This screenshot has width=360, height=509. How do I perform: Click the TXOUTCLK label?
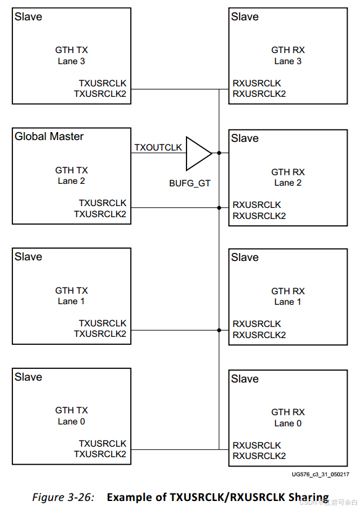(158, 147)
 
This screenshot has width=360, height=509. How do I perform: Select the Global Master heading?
(49, 136)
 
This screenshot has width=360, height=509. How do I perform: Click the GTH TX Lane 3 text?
(72, 56)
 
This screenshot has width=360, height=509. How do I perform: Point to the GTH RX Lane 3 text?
(288, 56)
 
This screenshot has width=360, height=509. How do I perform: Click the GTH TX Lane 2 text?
(72, 175)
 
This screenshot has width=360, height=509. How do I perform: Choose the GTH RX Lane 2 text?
(288, 177)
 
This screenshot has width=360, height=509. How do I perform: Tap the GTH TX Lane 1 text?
(72, 296)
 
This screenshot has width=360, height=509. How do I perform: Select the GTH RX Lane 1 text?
(288, 296)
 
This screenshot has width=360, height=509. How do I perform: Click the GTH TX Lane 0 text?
(72, 415)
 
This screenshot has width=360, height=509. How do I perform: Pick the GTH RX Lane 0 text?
(288, 418)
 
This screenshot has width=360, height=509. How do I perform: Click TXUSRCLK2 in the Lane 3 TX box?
(100, 94)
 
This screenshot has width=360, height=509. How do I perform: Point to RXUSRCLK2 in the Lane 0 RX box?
(259, 456)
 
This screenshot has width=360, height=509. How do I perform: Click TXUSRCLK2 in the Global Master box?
(100, 214)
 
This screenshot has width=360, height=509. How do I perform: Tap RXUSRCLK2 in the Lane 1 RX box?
(259, 335)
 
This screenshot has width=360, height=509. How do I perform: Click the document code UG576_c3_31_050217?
(320, 474)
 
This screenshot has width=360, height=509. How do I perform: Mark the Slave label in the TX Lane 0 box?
(28, 377)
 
